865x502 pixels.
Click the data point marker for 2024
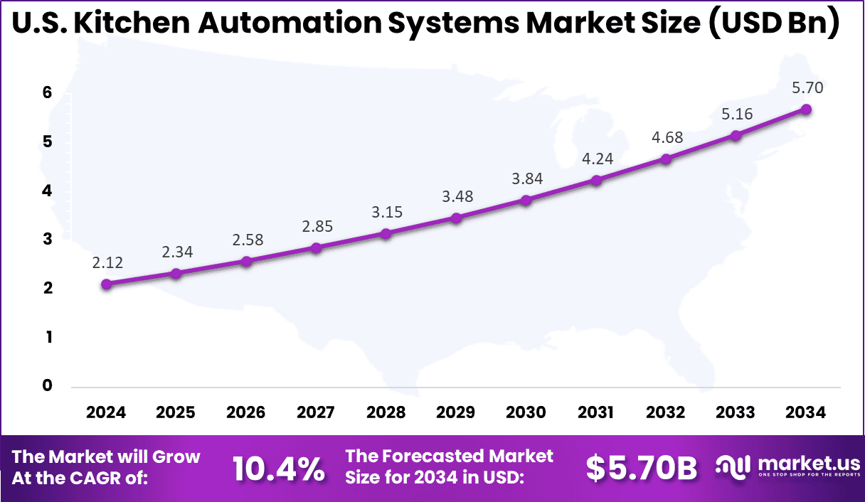(107, 284)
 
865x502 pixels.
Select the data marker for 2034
(806, 109)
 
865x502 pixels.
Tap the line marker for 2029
(457, 218)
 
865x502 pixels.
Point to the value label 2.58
(247, 240)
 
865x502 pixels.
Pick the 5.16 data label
(736, 114)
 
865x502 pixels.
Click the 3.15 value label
(387, 212)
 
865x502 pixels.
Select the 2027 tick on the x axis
(316, 413)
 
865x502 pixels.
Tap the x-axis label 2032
(666, 413)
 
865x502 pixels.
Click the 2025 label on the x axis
(176, 413)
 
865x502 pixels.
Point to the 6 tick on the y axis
(48, 92)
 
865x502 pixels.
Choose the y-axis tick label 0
(48, 386)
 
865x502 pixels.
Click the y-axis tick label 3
(48, 240)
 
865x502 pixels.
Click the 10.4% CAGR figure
(278, 468)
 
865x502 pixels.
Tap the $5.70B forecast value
(641, 467)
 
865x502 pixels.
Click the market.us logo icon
(733, 466)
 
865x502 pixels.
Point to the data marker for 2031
(596, 180)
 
